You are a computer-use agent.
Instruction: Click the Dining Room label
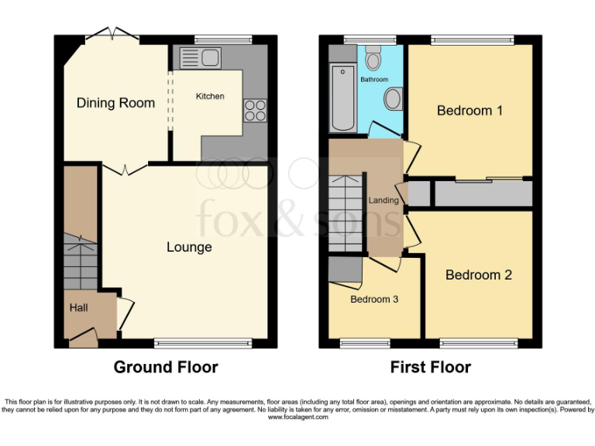115,103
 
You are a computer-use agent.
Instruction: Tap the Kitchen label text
210,96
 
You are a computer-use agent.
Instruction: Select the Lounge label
189,247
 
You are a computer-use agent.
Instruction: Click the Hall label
79,307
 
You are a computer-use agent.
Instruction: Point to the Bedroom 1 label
469,111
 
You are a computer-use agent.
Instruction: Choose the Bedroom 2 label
478,275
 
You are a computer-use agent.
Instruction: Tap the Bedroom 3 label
374,299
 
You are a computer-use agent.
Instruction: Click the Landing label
383,201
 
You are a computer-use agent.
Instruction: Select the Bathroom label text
373,80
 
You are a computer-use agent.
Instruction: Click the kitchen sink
201,57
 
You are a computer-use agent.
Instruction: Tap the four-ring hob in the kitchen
255,111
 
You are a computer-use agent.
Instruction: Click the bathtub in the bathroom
342,98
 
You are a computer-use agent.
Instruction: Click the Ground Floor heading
166,367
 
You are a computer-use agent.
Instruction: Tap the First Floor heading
430,367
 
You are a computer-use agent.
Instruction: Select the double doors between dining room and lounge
126,168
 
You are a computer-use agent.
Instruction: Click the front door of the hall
84,336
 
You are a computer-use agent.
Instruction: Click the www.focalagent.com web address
297,417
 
